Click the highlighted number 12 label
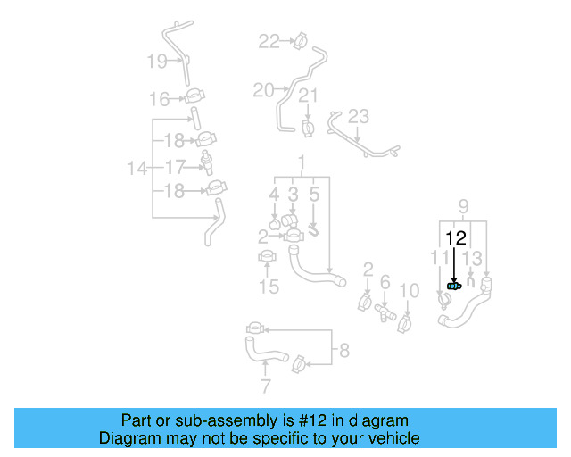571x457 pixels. [455, 237]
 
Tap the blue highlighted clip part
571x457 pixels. [454, 285]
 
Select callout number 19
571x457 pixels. [157, 62]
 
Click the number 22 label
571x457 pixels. [269, 40]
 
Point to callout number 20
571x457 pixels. [263, 89]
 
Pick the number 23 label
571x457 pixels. [358, 117]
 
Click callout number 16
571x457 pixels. [159, 99]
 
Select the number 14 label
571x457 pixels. [137, 167]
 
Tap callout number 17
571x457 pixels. [175, 166]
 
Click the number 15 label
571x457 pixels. [269, 287]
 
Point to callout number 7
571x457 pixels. [265, 386]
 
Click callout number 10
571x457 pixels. [408, 290]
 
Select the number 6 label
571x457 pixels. [385, 282]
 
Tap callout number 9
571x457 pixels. [463, 209]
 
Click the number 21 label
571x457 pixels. [308, 96]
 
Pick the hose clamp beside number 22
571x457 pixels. [299, 40]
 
